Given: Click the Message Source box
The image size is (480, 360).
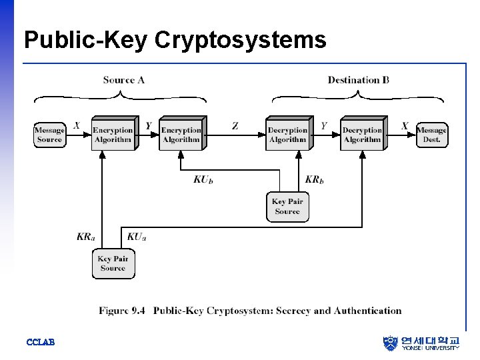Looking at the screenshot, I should click(x=49, y=135).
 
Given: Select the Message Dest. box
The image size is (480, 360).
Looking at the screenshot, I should click(x=431, y=135).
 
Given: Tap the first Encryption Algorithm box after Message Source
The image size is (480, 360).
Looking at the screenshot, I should click(x=112, y=135).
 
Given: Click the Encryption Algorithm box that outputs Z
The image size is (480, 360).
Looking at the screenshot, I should click(x=181, y=135).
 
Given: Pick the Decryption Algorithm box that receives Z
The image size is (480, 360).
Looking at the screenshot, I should click(x=287, y=135).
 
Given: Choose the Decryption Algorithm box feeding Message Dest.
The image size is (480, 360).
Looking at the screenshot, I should click(x=362, y=135).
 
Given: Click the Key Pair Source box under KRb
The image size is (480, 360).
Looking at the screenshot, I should click(x=287, y=206).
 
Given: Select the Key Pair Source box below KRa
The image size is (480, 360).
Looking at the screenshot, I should click(x=113, y=263).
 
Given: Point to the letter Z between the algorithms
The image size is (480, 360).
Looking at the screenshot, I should click(x=235, y=125).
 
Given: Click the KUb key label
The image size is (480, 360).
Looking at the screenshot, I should click(x=203, y=179).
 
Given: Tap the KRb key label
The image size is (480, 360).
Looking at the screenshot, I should click(x=314, y=179).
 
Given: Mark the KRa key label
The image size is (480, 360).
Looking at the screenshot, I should click(x=85, y=236).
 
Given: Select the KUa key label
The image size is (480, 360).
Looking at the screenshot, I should click(x=136, y=236).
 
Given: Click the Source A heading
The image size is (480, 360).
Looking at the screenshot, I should click(x=123, y=80).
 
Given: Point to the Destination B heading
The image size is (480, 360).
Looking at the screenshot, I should click(x=358, y=80).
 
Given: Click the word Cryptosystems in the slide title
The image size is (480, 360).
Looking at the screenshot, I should click(x=241, y=40).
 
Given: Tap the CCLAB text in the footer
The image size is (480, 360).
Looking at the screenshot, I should click(x=40, y=342).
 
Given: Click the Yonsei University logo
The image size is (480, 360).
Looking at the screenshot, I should click(x=421, y=343).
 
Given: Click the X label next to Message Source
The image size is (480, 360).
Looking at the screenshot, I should click(x=77, y=125).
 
